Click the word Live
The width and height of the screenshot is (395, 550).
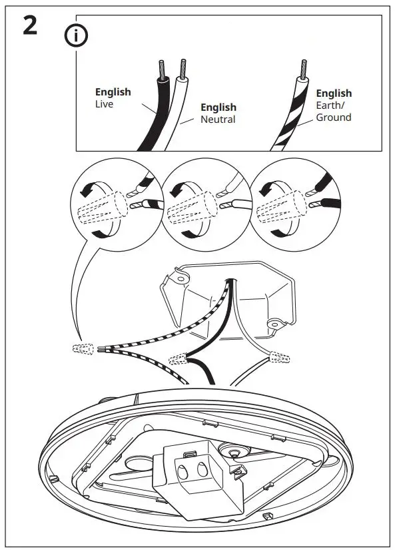pos(105,105)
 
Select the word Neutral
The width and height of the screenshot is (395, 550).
pos(218,119)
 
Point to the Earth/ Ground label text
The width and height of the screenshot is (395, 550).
pos(333,111)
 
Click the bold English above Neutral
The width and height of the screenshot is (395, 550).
pos(218,107)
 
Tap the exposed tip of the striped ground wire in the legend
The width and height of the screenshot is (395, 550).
pos(303,67)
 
